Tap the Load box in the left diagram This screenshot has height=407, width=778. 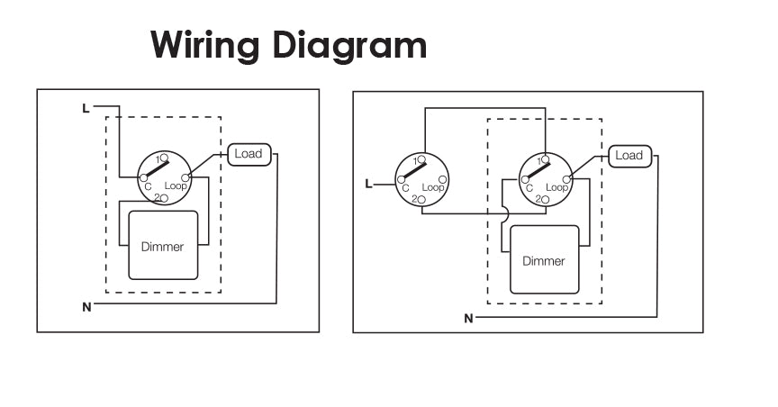[249, 154]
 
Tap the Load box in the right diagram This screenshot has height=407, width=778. [629, 156]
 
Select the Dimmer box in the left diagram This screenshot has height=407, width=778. [163, 246]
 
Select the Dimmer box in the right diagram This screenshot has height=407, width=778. [544, 260]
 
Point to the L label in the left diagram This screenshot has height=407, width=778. [86, 109]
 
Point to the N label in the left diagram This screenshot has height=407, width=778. [86, 307]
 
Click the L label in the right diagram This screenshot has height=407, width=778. [367, 185]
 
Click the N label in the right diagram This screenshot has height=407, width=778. [468, 319]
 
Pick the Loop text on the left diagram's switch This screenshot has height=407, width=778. [176, 185]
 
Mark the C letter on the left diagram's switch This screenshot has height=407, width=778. [147, 186]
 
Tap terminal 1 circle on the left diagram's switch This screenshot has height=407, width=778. [164, 158]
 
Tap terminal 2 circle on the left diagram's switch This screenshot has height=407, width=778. [164, 197]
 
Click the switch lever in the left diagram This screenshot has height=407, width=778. [156, 168]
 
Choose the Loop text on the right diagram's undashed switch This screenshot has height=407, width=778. [432, 187]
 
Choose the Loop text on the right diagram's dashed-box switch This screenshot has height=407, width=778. [556, 187]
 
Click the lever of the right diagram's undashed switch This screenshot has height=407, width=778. [413, 170]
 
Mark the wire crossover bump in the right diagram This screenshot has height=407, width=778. [507, 214]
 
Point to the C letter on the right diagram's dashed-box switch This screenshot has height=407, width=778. [529, 188]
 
